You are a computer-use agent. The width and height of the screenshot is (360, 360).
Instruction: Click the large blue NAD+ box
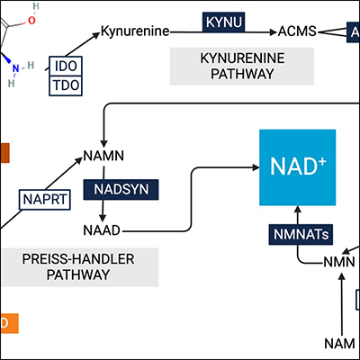[x=297, y=167]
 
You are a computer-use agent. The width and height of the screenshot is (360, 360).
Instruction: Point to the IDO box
[x=67, y=67]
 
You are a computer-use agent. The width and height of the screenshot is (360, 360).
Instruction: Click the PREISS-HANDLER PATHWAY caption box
[x=79, y=268]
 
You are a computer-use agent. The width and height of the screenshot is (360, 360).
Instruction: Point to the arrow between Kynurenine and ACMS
[x=225, y=32]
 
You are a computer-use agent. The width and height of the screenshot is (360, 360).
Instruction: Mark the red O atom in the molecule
[x=34, y=15]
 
